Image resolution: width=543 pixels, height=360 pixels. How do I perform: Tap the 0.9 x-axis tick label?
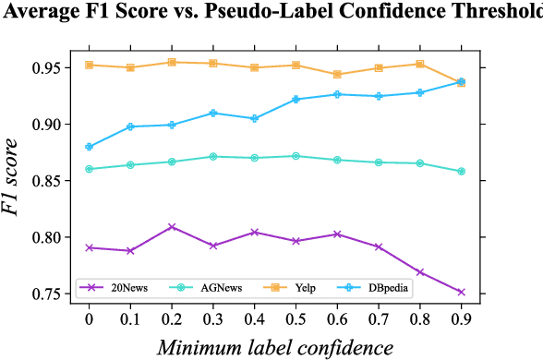[460, 318]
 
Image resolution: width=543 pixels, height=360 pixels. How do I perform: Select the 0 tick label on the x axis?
[89, 318]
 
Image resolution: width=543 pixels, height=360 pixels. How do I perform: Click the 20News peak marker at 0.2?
[172, 226]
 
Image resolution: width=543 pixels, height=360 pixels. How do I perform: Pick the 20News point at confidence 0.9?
[460, 292]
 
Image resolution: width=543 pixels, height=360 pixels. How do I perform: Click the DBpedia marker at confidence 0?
[89, 147]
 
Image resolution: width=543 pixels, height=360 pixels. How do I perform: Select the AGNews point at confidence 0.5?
[295, 156]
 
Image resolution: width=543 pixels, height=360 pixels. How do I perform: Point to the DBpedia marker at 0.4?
[254, 118]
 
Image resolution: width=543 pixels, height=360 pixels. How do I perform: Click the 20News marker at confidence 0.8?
[419, 272]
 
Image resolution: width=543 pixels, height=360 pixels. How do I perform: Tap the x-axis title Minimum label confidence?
[274, 347]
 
